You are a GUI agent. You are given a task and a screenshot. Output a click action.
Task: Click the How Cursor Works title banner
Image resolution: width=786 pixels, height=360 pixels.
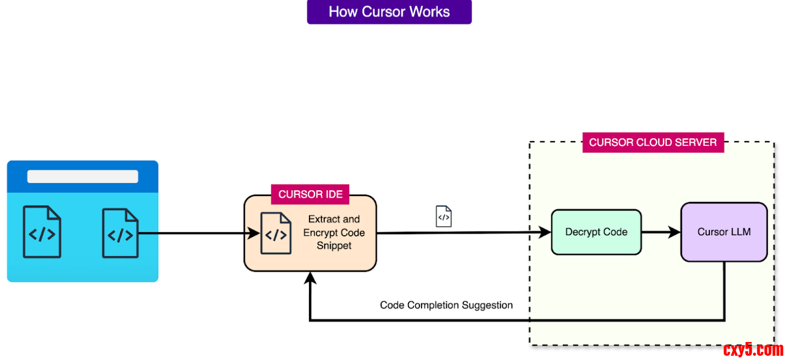click(x=389, y=12)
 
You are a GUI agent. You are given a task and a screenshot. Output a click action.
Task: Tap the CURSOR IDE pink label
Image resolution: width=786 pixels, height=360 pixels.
click(x=310, y=195)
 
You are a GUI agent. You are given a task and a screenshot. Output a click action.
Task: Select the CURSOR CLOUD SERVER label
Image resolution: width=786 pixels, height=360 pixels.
click(x=653, y=142)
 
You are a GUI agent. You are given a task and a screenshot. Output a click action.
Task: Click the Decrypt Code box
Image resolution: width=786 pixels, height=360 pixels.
click(x=596, y=232)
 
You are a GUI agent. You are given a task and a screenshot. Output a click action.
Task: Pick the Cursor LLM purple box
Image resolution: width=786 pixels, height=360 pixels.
click(x=724, y=232)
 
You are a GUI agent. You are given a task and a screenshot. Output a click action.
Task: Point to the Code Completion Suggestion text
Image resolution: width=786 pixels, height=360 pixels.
click(x=446, y=305)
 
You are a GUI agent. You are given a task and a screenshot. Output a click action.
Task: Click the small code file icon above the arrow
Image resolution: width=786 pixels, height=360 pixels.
click(x=443, y=217)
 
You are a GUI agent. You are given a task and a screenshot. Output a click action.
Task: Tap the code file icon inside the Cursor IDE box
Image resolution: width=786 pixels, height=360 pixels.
click(x=276, y=234)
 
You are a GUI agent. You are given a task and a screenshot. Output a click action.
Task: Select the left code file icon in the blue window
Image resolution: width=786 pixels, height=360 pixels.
click(x=42, y=232)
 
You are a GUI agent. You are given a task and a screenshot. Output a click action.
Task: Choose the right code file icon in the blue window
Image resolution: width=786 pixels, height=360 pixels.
click(x=121, y=233)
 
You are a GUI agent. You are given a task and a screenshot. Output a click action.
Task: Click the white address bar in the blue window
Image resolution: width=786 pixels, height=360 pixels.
click(x=83, y=177)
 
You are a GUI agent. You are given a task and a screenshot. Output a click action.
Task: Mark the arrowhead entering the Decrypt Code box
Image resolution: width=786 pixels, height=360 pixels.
click(x=545, y=232)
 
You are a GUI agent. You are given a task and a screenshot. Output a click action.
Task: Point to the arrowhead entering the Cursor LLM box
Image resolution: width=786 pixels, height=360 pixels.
click(x=674, y=232)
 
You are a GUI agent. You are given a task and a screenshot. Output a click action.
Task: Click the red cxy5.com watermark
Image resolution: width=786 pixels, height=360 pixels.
click(x=753, y=349)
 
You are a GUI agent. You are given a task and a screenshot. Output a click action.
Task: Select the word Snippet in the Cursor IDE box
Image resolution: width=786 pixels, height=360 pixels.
click(x=334, y=246)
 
